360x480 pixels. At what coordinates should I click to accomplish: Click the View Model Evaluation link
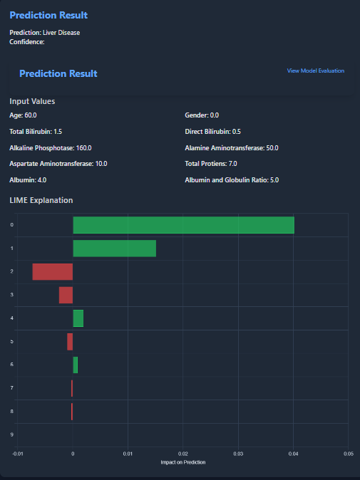[315, 71]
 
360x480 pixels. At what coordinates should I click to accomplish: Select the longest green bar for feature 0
[183, 225]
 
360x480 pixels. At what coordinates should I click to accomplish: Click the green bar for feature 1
[114, 249]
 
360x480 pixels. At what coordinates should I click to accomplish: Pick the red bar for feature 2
[53, 271]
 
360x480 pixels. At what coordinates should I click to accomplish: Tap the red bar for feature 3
[66, 295]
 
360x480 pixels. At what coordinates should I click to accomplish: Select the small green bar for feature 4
[78, 318]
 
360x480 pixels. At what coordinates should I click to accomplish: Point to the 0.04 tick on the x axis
[293, 453]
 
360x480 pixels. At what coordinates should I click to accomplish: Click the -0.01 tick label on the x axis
[18, 453]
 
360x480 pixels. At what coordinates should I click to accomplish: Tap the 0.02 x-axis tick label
[183, 453]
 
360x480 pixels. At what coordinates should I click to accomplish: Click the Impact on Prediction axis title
[183, 462]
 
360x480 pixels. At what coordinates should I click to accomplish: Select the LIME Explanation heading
[41, 201]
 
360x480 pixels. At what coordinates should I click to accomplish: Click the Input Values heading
[32, 101]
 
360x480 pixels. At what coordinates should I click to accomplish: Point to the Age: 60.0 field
[23, 115]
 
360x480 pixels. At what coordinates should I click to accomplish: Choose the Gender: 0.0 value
[202, 115]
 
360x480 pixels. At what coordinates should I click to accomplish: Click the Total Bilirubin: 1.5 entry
[36, 132]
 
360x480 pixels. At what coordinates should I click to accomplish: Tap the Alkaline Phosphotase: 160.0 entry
[50, 148]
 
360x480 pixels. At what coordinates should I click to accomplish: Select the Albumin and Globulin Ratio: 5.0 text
[232, 180]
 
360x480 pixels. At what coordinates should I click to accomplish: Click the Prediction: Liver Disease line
[44, 33]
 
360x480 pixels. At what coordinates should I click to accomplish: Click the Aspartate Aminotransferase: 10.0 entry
[58, 164]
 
